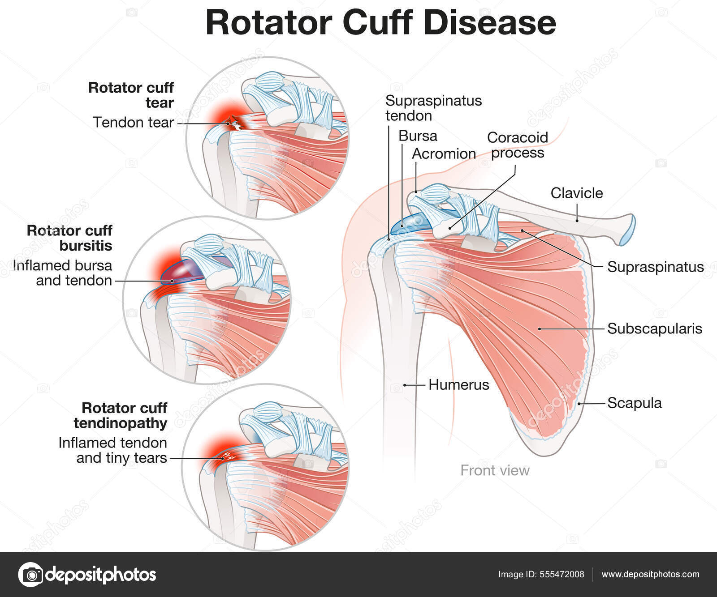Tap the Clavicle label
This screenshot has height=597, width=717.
click(576, 193)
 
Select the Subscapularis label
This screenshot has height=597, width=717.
click(654, 329)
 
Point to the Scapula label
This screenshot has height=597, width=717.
click(634, 403)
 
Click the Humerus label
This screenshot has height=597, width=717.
click(458, 384)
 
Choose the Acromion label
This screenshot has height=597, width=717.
click(444, 154)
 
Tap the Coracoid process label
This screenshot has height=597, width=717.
click(518, 145)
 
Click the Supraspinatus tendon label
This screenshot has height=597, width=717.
click(433, 108)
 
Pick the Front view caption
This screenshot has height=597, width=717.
click(495, 470)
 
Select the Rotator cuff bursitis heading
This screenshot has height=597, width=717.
click(69, 238)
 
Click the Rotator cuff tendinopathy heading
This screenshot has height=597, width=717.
click(121, 415)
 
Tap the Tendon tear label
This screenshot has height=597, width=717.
click(133, 122)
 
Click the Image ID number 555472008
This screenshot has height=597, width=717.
click(562, 575)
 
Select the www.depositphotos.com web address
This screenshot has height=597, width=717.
click(650, 575)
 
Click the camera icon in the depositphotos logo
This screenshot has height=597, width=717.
click(30, 575)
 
